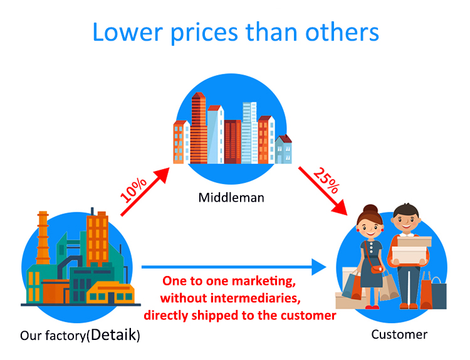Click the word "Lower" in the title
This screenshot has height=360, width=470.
coord(128,32)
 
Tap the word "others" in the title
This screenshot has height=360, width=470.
coord(342,32)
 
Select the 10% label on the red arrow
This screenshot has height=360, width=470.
coord(133,190)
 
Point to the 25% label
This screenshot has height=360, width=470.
coord(326,180)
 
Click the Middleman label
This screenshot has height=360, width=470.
coord(231,198)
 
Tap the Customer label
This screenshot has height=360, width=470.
coord(399,334)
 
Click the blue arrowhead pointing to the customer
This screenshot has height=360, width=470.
coord(319,267)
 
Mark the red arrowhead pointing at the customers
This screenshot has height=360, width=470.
coord(340,208)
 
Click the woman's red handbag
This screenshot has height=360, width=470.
coord(377,269)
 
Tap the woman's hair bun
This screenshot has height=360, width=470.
coord(370,208)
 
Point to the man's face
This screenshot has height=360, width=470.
coord(405,222)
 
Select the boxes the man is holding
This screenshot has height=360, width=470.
coord(410,249)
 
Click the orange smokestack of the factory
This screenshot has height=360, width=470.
coord(43,238)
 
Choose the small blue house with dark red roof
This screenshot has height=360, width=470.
coord(283,149)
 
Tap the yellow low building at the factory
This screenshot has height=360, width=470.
coord(110,292)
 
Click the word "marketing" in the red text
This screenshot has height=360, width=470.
coord(264,282)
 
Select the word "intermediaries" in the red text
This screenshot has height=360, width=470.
coord(256,298)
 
